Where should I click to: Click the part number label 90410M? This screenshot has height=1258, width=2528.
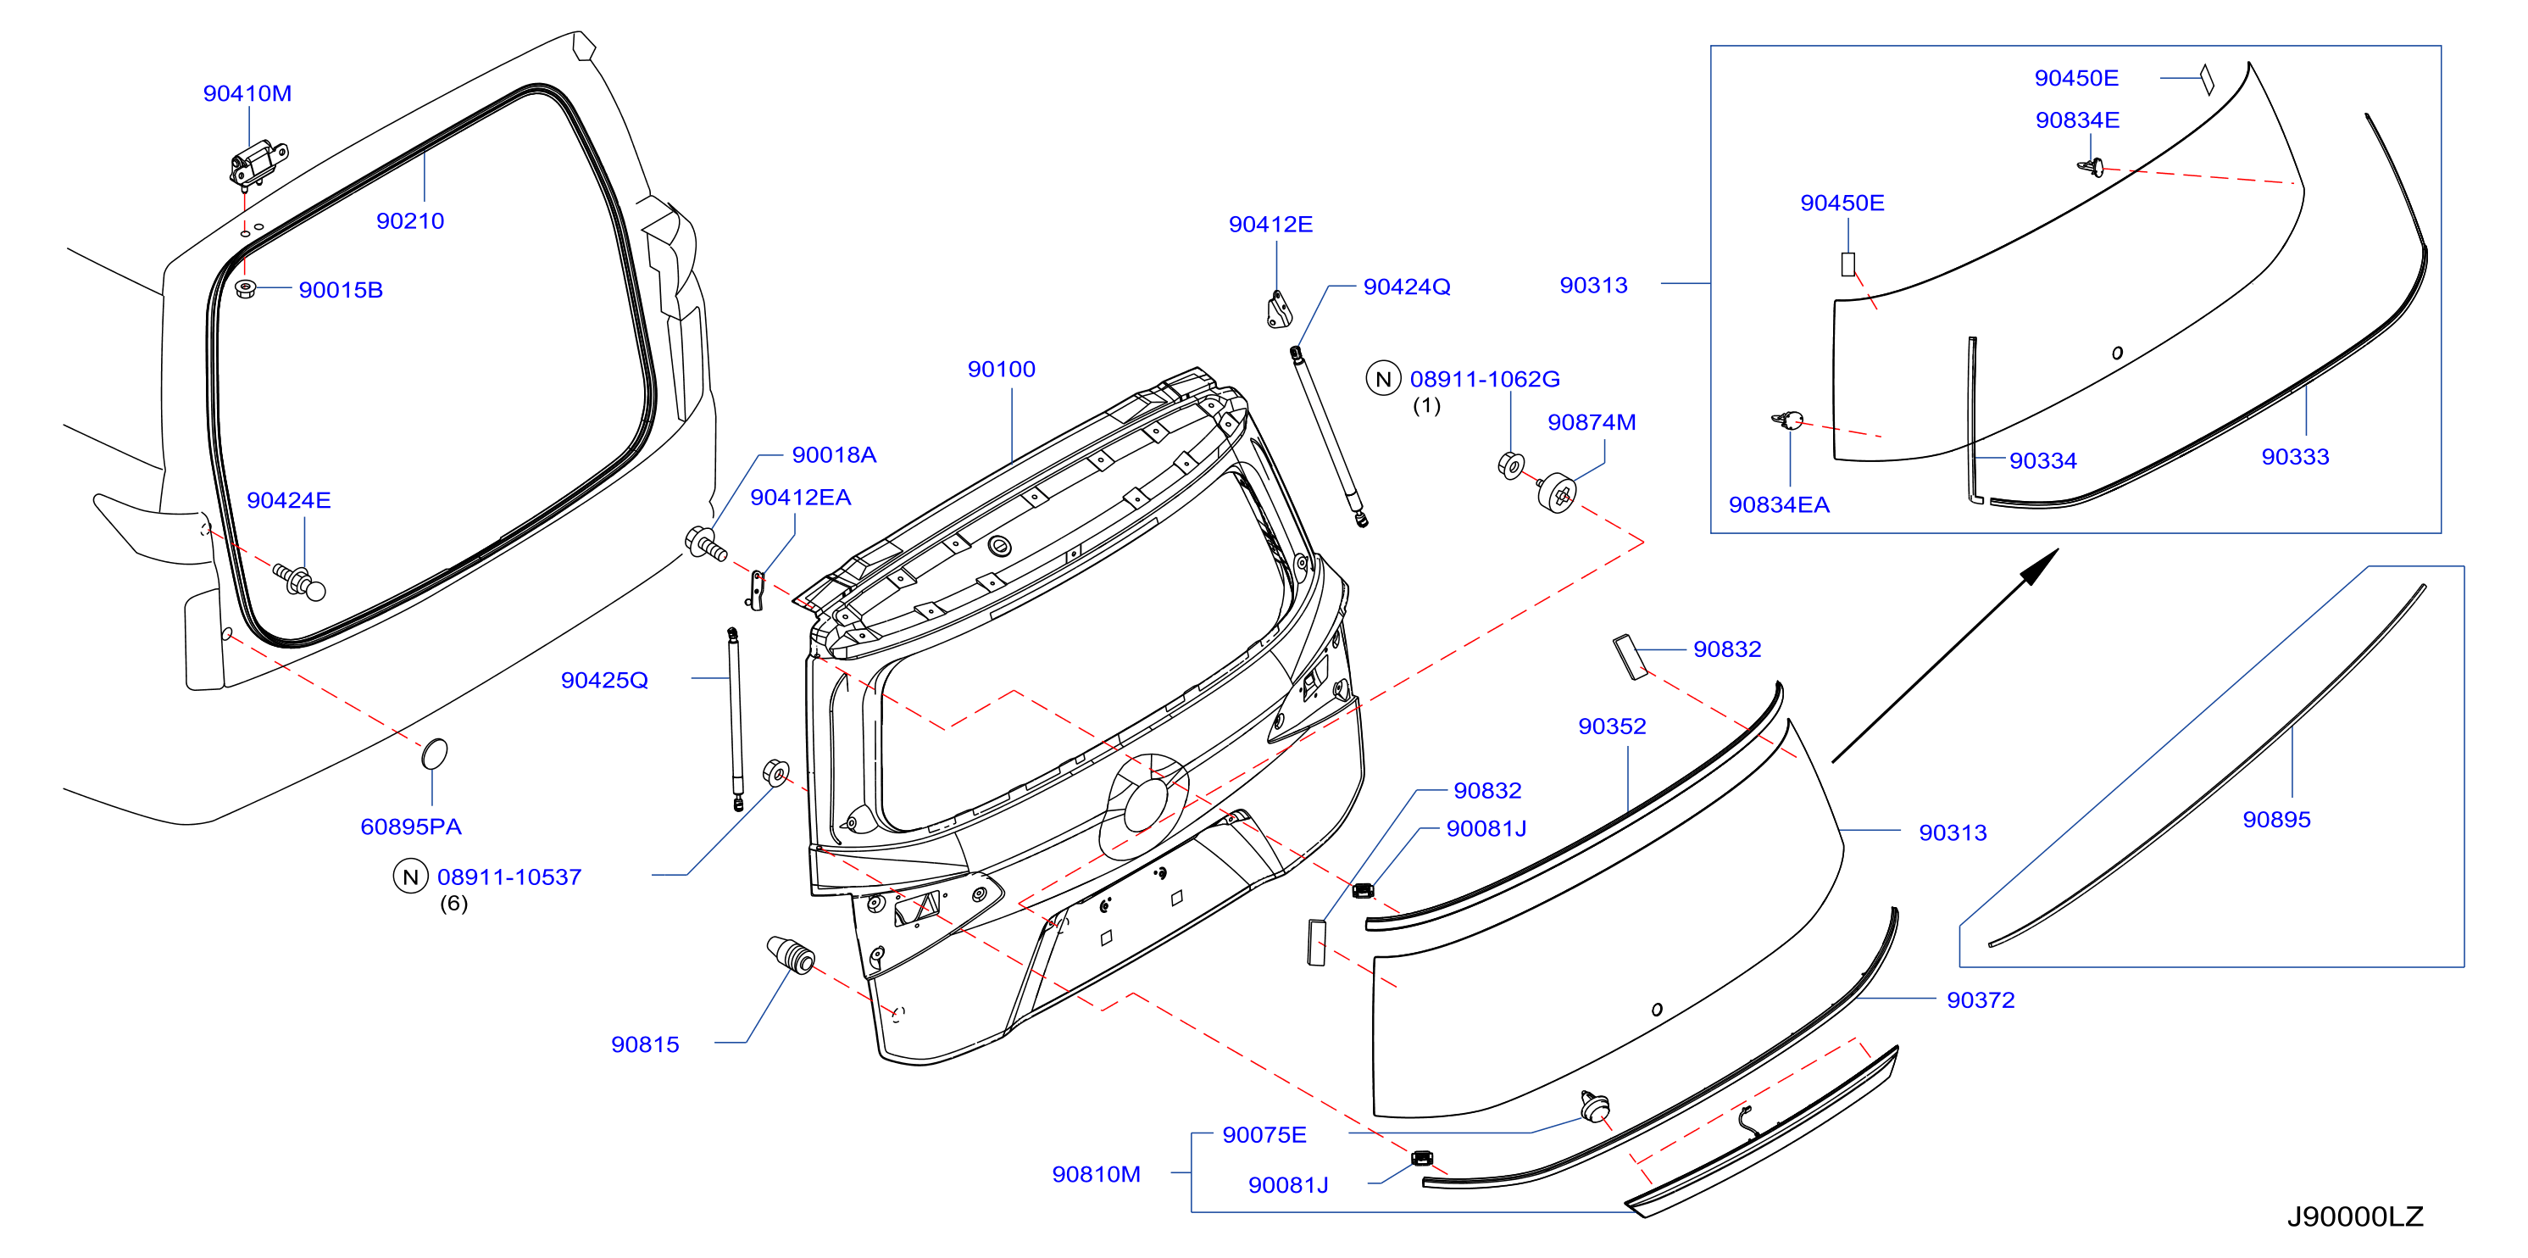point(247,93)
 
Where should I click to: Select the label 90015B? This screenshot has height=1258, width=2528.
point(341,289)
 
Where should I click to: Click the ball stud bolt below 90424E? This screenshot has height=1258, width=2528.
point(299,580)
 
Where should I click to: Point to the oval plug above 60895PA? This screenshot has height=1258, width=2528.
point(434,754)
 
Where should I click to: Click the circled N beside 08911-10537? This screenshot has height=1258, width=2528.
point(410,877)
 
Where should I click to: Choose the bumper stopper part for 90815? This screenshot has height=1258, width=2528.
point(790,955)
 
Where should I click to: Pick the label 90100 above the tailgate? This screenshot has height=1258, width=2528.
point(1001,369)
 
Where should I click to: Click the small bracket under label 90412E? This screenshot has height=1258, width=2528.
point(1278,309)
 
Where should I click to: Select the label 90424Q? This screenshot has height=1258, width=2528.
point(1406,287)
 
